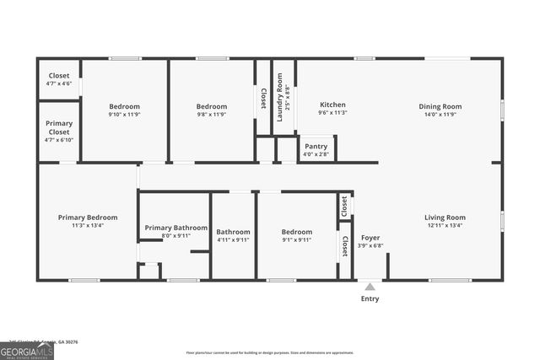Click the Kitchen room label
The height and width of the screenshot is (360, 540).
332,106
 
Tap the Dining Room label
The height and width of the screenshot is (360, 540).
440,106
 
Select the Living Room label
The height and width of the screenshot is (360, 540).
445,218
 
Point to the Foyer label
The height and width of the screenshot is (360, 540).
370,238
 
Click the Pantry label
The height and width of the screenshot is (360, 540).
316,146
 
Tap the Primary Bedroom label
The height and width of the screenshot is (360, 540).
88,218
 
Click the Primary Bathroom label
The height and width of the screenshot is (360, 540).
175,228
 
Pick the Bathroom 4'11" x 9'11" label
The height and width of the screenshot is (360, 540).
233,232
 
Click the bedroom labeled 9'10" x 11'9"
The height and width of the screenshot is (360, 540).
124,106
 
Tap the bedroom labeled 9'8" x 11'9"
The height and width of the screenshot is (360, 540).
212,106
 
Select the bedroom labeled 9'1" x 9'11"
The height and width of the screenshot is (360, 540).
297,232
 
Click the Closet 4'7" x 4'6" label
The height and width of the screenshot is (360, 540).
59,76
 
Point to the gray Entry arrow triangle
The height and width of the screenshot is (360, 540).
370,287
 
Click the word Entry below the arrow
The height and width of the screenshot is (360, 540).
370,298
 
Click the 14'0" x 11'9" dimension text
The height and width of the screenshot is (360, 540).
440,114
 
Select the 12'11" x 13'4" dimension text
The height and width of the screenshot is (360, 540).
445,225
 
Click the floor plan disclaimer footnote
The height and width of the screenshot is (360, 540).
270,352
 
